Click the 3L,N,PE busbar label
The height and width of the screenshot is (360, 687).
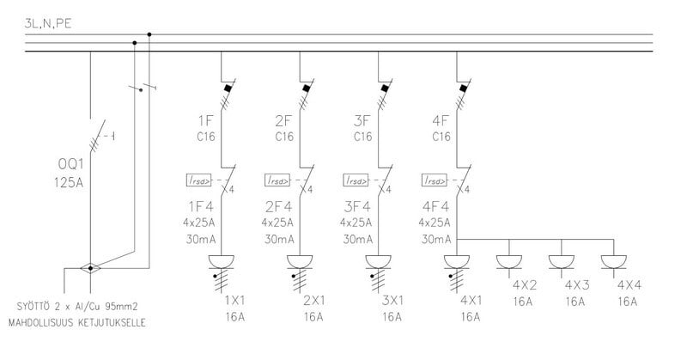tap(49, 26)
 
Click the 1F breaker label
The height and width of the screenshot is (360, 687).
tap(206, 119)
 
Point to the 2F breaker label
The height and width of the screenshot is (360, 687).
tap(284, 119)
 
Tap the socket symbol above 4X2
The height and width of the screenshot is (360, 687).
tap(509, 260)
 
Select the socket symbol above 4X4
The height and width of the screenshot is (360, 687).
tap(614, 260)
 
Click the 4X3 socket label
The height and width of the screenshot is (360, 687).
tap(576, 284)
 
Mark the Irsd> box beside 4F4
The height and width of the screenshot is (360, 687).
tap(434, 180)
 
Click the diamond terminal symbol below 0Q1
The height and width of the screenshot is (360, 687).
tap(89, 268)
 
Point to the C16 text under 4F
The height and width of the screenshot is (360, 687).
tap(441, 136)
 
